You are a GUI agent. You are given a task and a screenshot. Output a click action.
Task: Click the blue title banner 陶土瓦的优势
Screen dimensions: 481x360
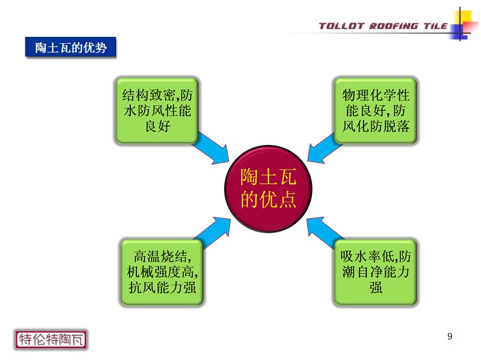(x=70, y=47)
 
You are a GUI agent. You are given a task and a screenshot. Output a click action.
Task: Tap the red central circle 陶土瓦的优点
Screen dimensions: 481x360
(x=268, y=189)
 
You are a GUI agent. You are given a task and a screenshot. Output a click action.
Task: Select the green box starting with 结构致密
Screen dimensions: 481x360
(x=157, y=111)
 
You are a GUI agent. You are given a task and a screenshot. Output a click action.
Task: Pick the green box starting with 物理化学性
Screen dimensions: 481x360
(x=375, y=111)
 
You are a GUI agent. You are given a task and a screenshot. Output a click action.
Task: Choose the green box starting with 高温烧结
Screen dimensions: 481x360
(x=162, y=272)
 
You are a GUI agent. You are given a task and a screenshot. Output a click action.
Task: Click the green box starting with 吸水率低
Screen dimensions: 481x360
(x=375, y=272)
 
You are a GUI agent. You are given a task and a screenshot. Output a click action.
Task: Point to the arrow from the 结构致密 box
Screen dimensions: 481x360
(x=211, y=149)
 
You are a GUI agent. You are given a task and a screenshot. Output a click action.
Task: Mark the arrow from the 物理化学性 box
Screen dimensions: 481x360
(x=324, y=149)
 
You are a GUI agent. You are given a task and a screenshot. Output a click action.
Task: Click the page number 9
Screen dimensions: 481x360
(x=450, y=336)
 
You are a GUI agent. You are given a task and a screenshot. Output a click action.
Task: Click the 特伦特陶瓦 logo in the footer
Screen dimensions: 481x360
(x=51, y=339)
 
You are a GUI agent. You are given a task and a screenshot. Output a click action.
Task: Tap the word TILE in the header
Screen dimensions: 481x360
(x=436, y=26)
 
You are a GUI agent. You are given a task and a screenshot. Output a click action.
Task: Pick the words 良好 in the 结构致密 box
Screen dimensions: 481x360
(x=158, y=126)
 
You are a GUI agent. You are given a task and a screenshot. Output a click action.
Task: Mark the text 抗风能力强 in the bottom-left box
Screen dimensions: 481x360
(x=162, y=288)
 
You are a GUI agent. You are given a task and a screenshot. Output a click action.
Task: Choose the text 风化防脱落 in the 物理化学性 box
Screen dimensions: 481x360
(x=376, y=126)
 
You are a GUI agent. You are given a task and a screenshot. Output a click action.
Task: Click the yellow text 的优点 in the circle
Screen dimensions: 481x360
(x=268, y=199)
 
